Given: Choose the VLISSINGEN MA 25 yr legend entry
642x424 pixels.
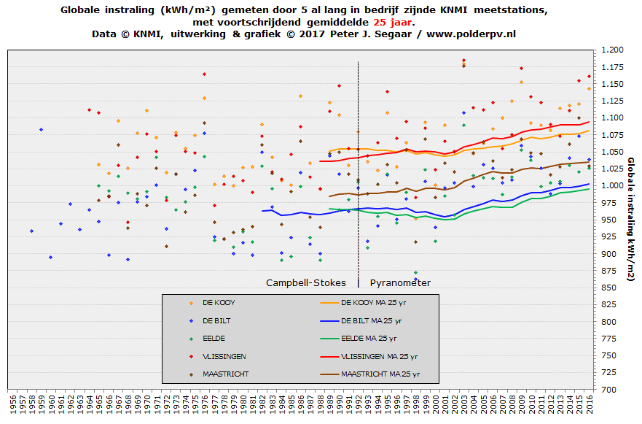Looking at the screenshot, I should [379, 356].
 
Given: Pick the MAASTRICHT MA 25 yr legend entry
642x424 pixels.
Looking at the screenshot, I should [380, 374].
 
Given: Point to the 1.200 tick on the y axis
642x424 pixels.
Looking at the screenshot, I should [613, 50].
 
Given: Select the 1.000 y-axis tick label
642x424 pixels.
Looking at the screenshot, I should [613, 185].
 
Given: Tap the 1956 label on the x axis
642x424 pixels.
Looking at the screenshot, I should [12, 404].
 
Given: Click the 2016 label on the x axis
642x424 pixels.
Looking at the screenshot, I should [590, 404].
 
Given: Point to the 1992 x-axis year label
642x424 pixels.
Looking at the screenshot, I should [359, 404].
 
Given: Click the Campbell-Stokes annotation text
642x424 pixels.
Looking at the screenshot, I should [306, 282].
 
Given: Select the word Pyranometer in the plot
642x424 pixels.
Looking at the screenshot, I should [400, 282].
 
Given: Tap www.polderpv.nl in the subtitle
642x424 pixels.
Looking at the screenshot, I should [471, 34].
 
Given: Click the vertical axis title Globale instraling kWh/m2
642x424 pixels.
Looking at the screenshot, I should [630, 219].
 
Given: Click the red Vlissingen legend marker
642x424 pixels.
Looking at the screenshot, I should [191, 356].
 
